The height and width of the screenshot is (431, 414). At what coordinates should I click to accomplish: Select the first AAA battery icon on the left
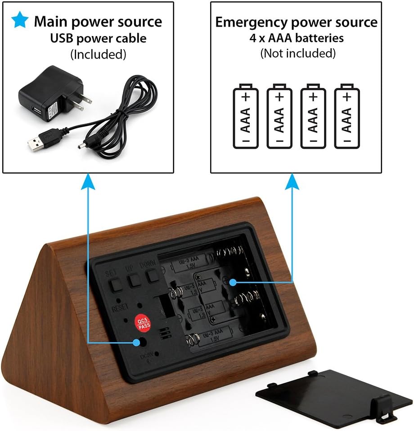coord(245,116)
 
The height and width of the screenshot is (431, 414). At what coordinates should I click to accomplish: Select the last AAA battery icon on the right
coord(347,116)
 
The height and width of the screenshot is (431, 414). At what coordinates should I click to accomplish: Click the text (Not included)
coord(298,53)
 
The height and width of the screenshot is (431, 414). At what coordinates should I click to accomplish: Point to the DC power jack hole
coord(144,341)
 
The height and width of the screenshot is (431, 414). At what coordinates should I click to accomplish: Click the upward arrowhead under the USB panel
coord(88,182)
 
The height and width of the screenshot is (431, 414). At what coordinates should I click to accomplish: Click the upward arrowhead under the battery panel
coord(293,182)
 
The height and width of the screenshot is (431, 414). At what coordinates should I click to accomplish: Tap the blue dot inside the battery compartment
coord(233,282)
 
